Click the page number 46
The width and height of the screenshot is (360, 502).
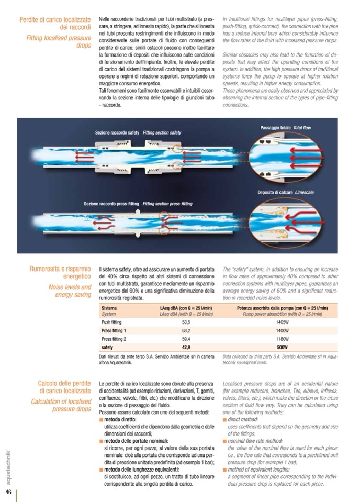tap(8, 493)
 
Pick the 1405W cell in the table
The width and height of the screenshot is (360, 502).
tap(282, 323)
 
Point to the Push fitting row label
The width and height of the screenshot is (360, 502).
tap(112, 323)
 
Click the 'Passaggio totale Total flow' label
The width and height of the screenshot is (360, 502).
tap(285, 128)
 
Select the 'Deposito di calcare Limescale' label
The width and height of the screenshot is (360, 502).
tap(285, 193)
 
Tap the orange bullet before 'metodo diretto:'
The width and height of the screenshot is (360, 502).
tap(101, 420)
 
